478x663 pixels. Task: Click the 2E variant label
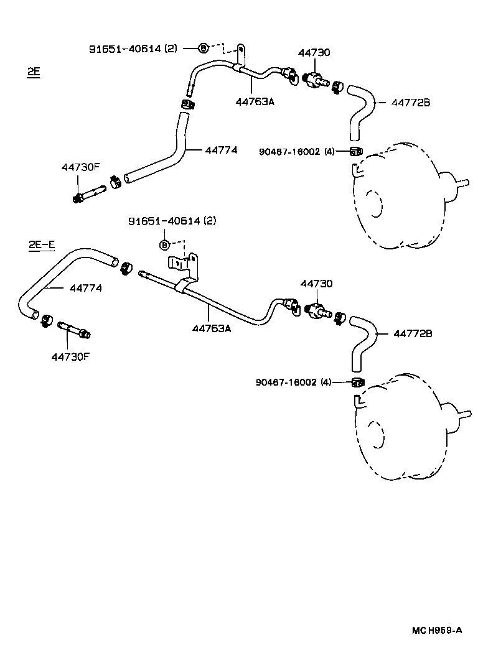coord(34,72)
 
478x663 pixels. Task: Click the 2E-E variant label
coord(42,245)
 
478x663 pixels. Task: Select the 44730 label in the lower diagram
coord(316,284)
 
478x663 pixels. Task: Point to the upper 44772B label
coord(410,102)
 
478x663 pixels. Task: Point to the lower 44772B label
coord(412,334)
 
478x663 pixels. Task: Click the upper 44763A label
coord(255,101)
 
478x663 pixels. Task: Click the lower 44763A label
coord(211,328)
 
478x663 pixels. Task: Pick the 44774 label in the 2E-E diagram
coord(86,288)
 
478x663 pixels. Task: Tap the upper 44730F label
coord(80,167)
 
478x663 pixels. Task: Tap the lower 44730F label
coord(70,356)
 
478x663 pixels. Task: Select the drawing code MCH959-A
coord(436,629)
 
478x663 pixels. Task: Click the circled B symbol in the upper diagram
coord(203,48)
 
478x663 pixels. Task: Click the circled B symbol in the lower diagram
coord(165,245)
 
